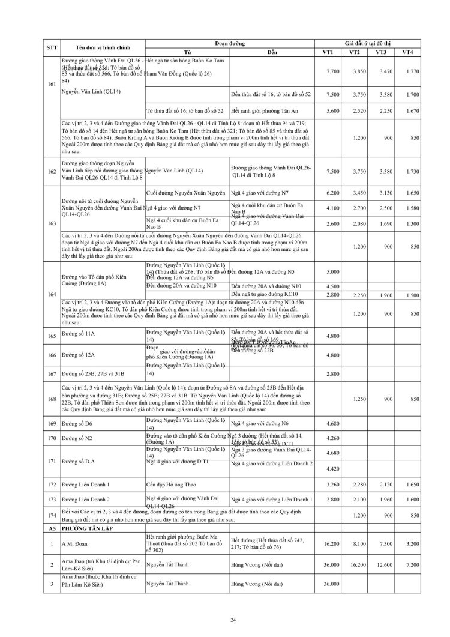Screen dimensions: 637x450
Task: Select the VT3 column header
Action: [380, 52]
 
